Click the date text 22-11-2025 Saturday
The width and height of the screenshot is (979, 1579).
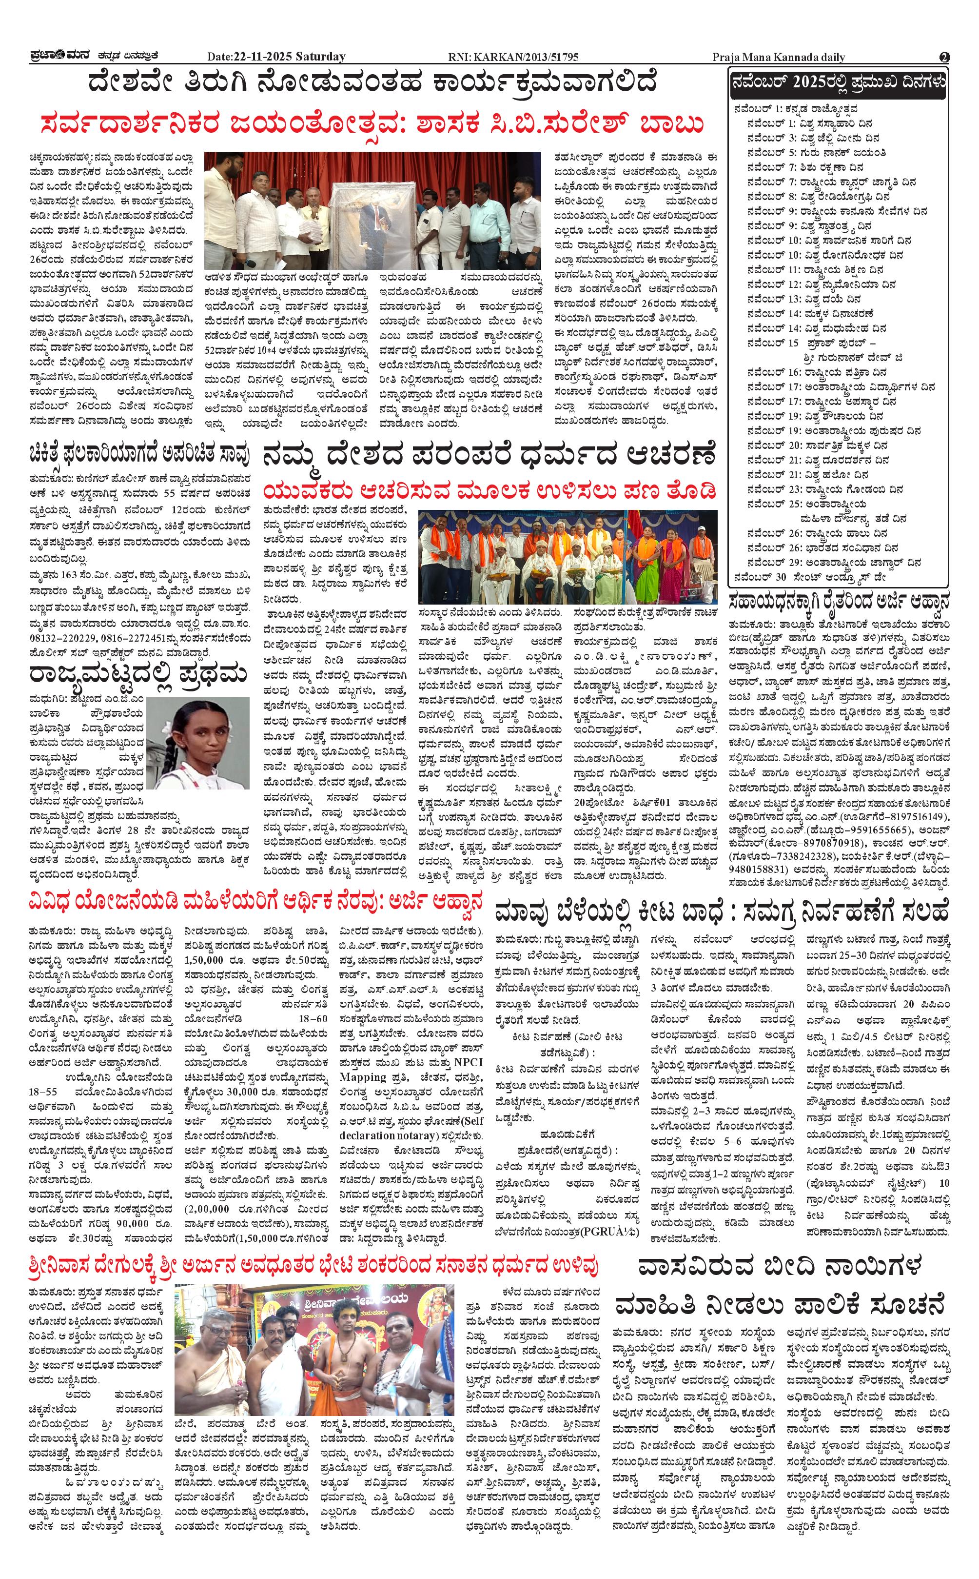coord(276,57)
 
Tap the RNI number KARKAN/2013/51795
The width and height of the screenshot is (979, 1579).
coord(513,57)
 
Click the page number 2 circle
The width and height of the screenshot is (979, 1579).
coord(944,57)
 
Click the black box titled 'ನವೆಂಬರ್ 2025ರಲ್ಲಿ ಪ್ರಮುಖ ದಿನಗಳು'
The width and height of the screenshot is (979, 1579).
coord(838,83)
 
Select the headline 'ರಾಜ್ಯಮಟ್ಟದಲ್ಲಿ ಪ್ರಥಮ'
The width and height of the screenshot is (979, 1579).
coord(138,674)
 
